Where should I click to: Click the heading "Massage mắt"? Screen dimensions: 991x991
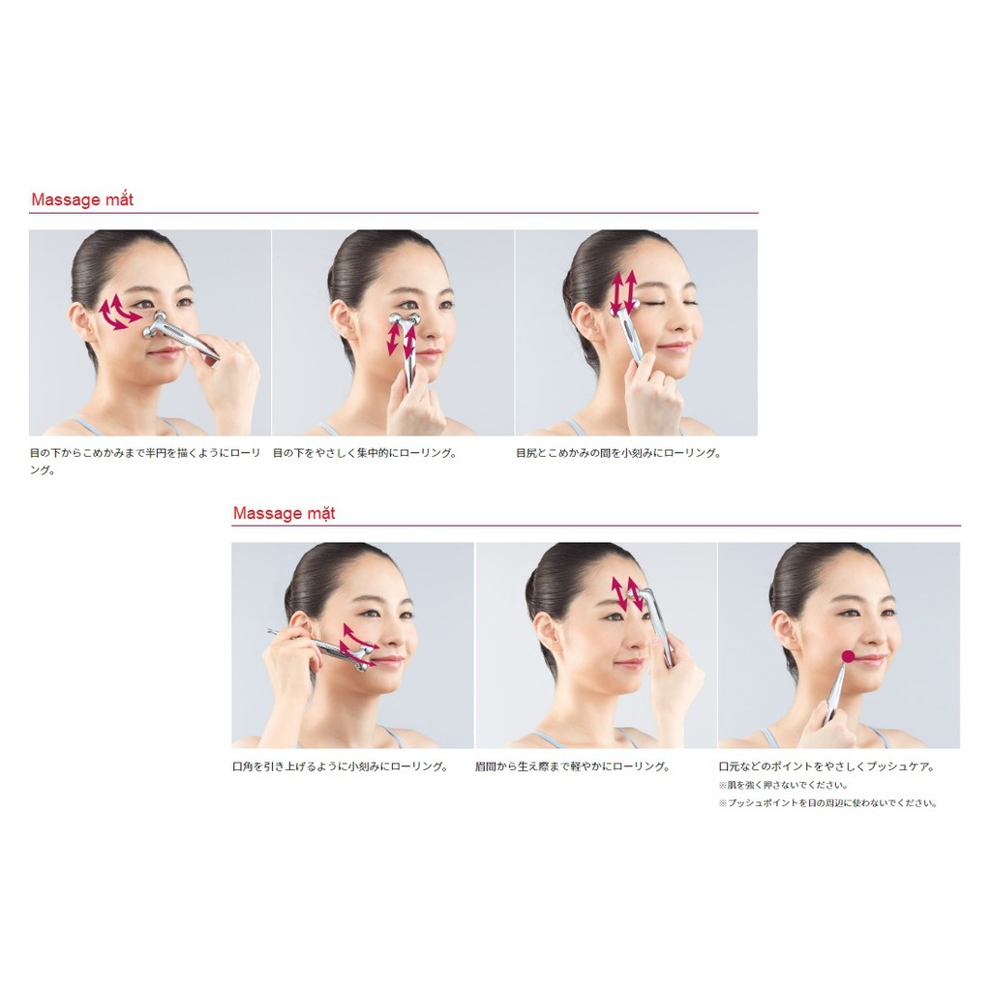coord(82,200)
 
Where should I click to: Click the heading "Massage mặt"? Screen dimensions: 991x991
coord(284,513)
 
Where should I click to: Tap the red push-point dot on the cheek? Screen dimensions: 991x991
coord(848,656)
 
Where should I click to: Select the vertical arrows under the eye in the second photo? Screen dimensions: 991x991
coord(401,338)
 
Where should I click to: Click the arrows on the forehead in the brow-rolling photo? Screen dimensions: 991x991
coord(627,593)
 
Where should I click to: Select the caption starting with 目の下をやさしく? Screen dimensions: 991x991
coord(364,453)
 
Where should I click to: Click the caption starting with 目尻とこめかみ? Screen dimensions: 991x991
coord(618,453)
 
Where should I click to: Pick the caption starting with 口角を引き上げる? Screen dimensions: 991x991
coord(340,766)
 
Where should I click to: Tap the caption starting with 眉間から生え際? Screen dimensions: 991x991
coord(573,766)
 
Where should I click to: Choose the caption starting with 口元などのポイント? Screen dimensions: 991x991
coord(826,766)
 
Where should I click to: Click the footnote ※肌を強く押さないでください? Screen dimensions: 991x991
coord(783,785)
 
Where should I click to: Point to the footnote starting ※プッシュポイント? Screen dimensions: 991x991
coord(827,802)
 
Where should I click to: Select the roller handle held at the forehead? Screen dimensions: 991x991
coord(660,629)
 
